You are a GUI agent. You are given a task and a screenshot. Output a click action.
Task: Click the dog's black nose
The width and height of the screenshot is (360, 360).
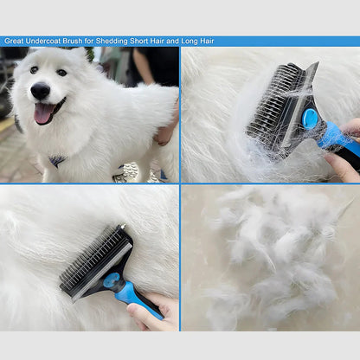click(41, 91)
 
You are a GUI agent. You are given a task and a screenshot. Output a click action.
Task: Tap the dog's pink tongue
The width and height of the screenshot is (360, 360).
click(42, 113)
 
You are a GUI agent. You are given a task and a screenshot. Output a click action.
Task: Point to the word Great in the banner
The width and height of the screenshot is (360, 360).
click(14, 41)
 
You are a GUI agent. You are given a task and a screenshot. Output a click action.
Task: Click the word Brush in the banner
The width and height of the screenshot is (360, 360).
click(73, 41)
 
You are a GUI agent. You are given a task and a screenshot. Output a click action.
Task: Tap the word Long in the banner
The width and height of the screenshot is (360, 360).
click(190, 42)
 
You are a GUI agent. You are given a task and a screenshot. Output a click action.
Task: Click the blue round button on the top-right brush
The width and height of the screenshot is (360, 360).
click(310, 119)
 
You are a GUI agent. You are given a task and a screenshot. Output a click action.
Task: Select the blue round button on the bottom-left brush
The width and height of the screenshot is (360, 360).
click(112, 280)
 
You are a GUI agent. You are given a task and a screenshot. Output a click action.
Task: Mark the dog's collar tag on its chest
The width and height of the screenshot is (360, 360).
click(57, 160)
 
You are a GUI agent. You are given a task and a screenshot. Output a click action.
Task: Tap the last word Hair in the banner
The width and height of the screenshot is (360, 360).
click(207, 41)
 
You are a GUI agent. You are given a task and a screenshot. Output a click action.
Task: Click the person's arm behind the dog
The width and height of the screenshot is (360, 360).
click(145, 66)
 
